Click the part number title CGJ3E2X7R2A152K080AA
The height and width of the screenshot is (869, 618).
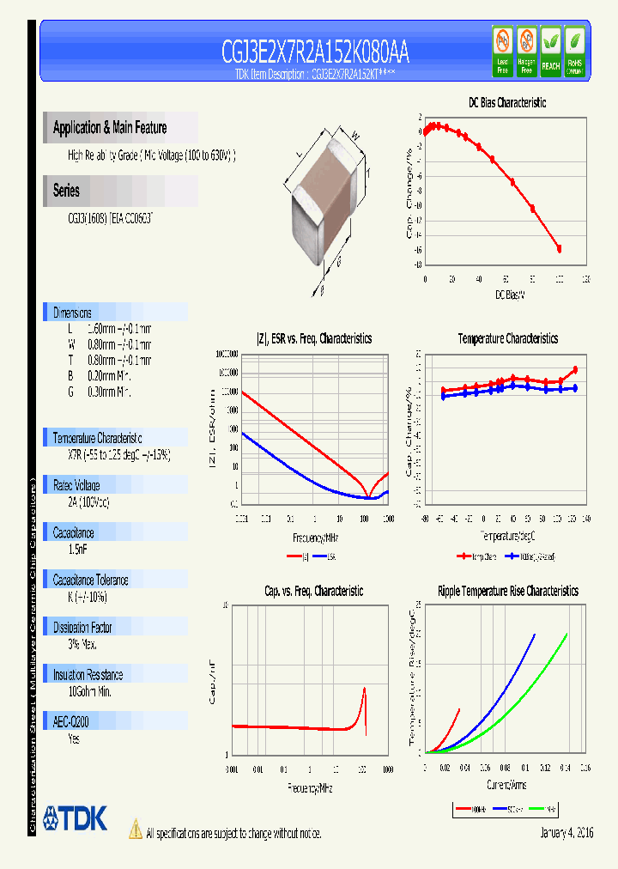(x=315, y=54)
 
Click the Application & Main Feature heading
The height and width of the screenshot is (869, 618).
(x=110, y=128)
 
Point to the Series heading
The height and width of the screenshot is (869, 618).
(x=66, y=191)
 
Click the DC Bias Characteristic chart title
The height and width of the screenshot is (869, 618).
(x=506, y=103)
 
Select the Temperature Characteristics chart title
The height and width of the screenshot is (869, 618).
(x=507, y=338)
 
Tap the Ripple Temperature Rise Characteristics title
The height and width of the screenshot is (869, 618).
(x=507, y=591)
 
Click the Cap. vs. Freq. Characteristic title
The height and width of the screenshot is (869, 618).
(x=313, y=591)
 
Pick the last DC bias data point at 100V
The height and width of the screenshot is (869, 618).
(x=560, y=249)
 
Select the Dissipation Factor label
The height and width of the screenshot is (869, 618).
(x=82, y=628)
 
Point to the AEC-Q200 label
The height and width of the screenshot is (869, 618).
(x=72, y=723)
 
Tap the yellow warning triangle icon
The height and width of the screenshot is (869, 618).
(x=135, y=829)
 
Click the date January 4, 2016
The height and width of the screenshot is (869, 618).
(x=566, y=833)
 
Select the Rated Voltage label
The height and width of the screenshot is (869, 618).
(x=76, y=485)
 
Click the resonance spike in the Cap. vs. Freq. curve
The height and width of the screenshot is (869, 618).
(x=365, y=690)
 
